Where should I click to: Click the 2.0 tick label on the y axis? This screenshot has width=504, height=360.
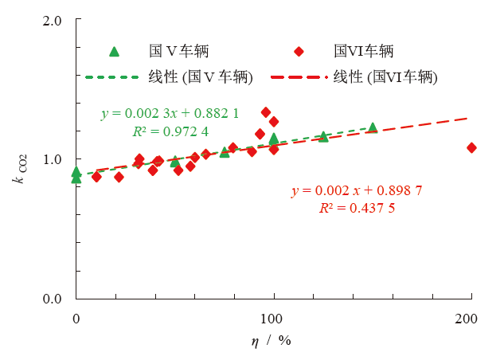[52, 19]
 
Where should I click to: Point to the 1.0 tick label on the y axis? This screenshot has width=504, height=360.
[52, 159]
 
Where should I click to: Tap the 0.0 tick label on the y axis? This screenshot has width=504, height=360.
[52, 299]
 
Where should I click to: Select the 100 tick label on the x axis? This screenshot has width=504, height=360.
[274, 319]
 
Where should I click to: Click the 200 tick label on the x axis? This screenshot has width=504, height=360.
[471, 319]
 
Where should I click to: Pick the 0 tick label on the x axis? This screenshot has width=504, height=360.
[76, 319]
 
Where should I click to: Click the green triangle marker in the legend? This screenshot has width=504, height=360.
[114, 52]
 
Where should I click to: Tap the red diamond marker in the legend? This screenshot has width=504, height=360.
[299, 52]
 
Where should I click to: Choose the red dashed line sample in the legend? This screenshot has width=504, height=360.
[299, 77]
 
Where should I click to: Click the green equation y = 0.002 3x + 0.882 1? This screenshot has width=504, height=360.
[170, 114]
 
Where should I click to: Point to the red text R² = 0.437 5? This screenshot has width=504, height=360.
[357, 208]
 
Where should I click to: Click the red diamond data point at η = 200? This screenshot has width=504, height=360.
[471, 147]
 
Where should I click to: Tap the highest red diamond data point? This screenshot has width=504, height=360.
[266, 112]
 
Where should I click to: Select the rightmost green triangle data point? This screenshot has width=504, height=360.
[373, 127]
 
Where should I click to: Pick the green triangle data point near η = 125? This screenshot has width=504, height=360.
[323, 136]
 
